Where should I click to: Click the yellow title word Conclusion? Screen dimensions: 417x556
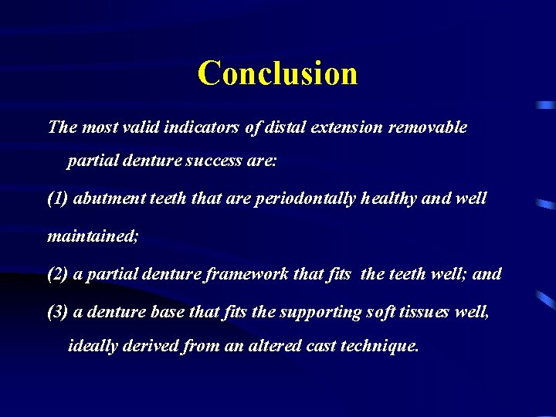coord(277,73)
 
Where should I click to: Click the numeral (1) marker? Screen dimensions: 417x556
coord(58,198)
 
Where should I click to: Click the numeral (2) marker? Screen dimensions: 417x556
coord(58,274)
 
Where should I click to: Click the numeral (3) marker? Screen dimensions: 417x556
coord(58,312)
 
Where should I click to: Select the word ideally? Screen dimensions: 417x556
coord(93,346)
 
